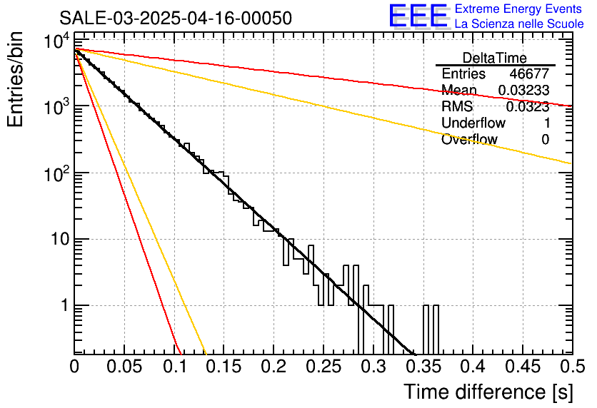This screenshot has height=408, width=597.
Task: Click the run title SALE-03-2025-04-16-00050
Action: pyautogui.click(x=176, y=19)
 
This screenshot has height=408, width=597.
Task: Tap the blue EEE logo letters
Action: pyautogui.click(x=418, y=16)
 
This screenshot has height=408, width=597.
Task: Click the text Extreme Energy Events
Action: pyautogui.click(x=518, y=9)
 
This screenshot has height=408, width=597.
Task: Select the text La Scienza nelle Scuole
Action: pyautogui.click(x=519, y=24)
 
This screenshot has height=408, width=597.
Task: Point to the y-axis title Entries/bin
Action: pyautogui.click(x=16, y=79)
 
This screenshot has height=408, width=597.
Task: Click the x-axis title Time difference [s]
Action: pyautogui.click(x=488, y=392)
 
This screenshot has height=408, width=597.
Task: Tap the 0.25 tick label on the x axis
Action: pyautogui.click(x=323, y=367)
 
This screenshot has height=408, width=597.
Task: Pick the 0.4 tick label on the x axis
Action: pyautogui.click(x=473, y=367)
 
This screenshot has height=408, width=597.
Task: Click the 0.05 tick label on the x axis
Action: pyautogui.click(x=124, y=367)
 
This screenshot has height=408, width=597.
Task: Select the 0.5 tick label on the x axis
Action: pyautogui.click(x=572, y=367)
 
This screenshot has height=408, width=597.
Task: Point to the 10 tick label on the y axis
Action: pyautogui.click(x=59, y=239)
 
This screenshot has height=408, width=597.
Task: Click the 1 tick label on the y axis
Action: pyautogui.click(x=64, y=305)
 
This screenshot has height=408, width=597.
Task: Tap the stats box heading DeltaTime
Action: pyautogui.click(x=495, y=58)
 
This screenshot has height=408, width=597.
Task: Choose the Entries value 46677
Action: pyautogui.click(x=529, y=73)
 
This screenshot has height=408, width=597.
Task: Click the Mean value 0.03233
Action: pyautogui.click(x=523, y=90)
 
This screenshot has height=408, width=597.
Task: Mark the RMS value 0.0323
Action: pyautogui.click(x=527, y=107)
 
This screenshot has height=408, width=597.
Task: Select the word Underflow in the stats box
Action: pyautogui.click(x=473, y=123)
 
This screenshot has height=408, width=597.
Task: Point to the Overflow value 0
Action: pyautogui.click(x=545, y=140)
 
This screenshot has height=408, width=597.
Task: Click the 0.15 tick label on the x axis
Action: pyautogui.click(x=224, y=367)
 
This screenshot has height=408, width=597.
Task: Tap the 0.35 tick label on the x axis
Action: pyautogui.click(x=423, y=367)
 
